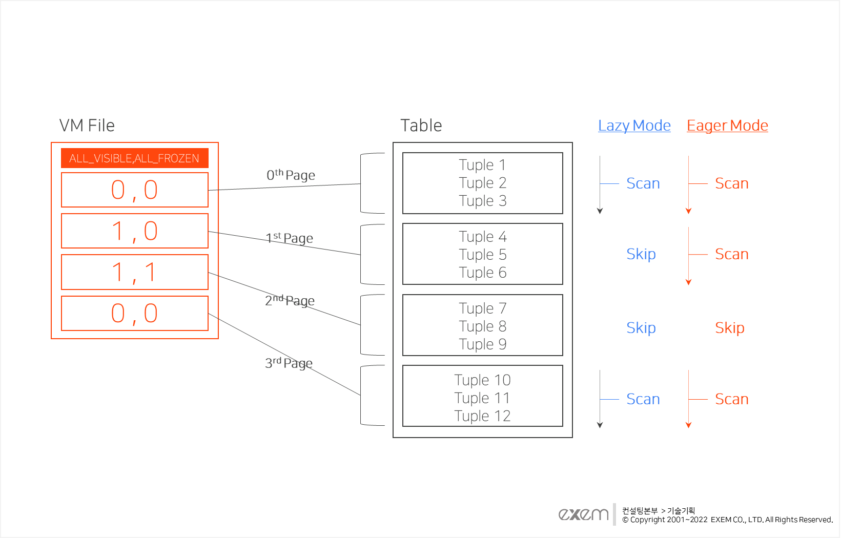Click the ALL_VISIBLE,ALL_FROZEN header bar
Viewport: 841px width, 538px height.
point(134,158)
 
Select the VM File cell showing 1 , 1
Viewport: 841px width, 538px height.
point(134,272)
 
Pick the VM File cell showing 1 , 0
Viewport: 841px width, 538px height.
point(134,231)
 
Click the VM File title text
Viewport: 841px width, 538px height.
point(87,126)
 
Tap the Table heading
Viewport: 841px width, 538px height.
point(421,126)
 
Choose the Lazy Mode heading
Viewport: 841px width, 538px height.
point(634,126)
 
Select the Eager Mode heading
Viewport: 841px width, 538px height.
point(727,126)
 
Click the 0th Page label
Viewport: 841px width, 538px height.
point(291,175)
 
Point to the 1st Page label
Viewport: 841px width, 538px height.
point(290,238)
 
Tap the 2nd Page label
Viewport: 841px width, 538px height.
point(290,301)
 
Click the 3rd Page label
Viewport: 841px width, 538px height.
point(289,363)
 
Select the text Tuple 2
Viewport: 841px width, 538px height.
point(482,183)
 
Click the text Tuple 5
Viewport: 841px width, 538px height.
point(482,255)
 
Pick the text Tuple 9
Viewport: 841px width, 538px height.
point(482,344)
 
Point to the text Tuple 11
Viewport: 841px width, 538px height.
point(482,398)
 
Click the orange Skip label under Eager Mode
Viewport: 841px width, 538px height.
point(729,328)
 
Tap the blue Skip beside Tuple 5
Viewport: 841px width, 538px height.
point(641,254)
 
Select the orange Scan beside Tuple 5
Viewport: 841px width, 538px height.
point(731,254)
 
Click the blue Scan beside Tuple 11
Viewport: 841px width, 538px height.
point(643,399)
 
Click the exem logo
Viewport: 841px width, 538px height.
point(584,514)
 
